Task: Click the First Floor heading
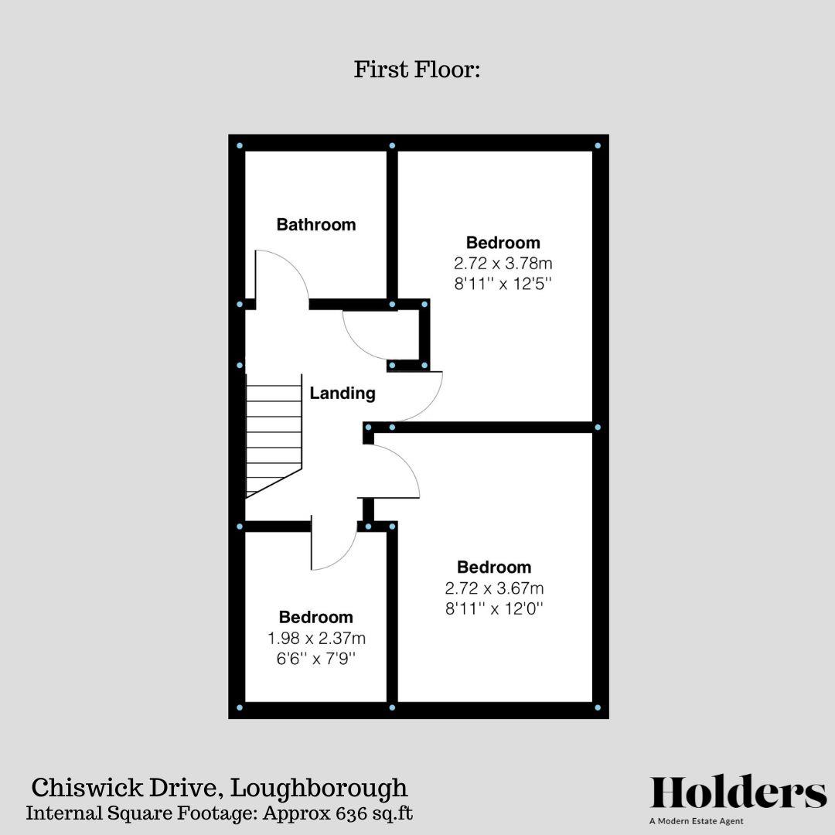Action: [417, 70]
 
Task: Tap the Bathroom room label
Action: [316, 225]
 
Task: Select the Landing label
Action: [343, 394]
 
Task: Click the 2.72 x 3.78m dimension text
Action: [503, 263]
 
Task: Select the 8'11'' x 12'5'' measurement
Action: [503, 283]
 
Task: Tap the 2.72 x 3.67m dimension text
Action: [494, 588]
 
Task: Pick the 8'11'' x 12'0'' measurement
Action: [494, 608]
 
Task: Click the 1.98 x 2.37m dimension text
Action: [316, 639]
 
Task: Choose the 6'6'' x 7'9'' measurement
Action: [316, 659]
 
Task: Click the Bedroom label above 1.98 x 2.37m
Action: [316, 618]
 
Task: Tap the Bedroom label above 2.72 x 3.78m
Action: [503, 243]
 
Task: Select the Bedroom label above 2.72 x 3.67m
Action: [494, 567]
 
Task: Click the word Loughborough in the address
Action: [319, 789]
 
